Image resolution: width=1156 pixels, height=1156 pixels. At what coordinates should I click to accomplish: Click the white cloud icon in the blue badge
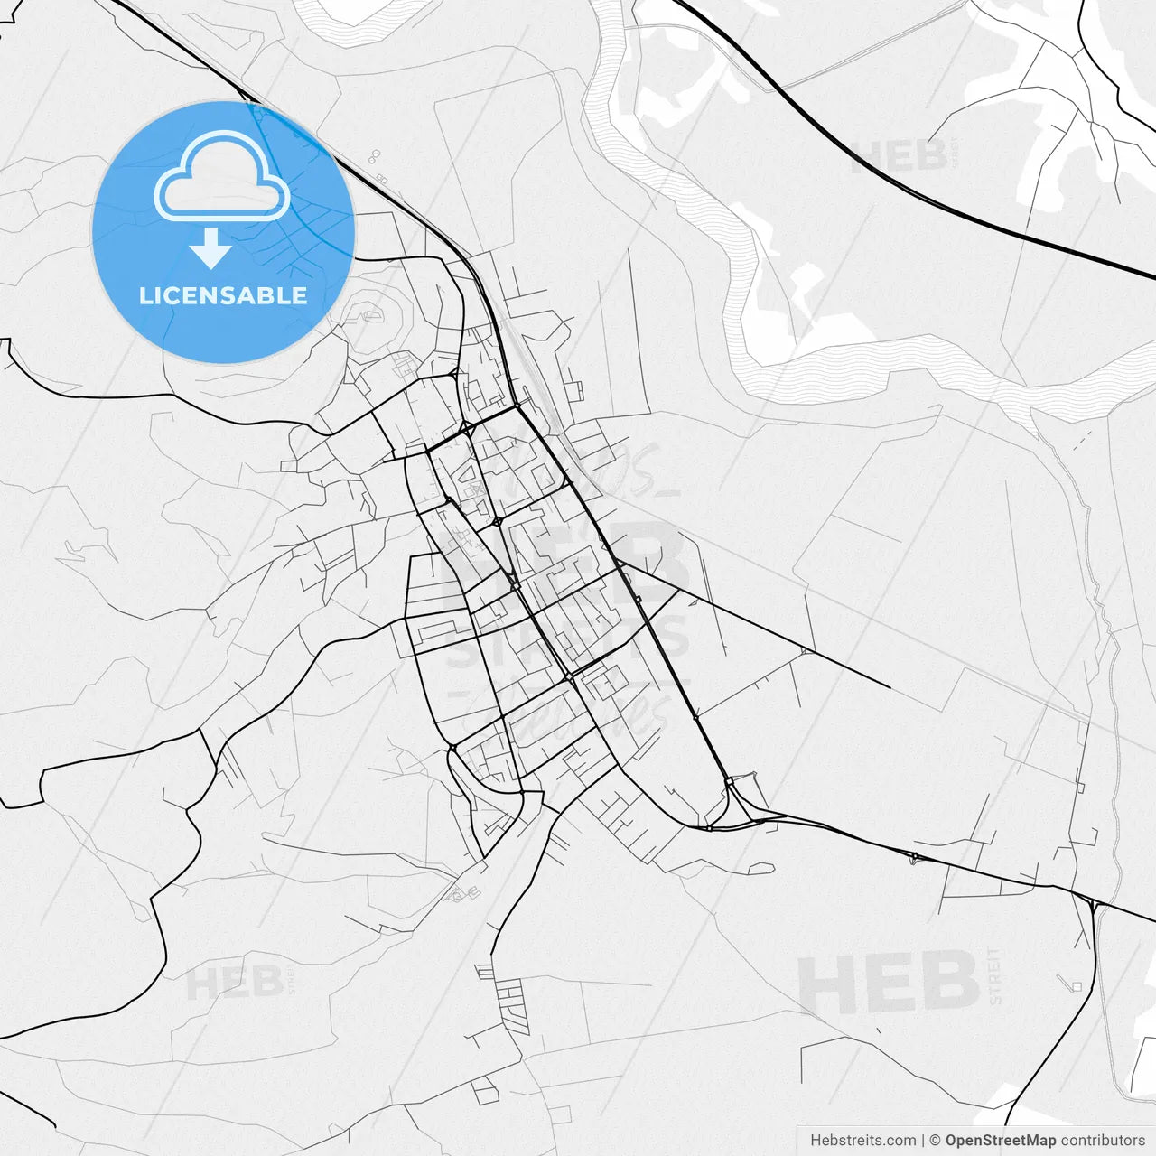click(222, 178)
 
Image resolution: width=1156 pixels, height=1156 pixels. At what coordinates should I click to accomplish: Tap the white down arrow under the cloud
click(211, 248)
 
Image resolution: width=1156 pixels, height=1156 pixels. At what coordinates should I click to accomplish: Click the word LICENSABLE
click(223, 295)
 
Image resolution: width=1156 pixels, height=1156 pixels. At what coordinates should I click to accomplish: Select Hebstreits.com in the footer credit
click(862, 1141)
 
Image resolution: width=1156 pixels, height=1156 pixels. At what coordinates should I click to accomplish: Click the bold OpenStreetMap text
click(1001, 1141)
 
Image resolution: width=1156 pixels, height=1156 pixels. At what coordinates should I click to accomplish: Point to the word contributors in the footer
click(1103, 1141)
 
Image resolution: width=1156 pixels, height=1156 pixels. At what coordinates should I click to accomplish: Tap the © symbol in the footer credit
click(936, 1141)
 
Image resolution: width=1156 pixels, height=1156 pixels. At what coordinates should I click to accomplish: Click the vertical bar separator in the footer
click(923, 1141)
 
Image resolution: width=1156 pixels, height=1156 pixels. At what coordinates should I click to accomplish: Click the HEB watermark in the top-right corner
click(900, 156)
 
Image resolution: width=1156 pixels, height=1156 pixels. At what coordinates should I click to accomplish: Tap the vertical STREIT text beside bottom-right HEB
click(995, 976)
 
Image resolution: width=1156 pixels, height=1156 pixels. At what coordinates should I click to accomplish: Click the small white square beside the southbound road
click(1077, 986)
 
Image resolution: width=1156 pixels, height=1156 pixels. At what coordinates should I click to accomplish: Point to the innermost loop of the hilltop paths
click(370, 316)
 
